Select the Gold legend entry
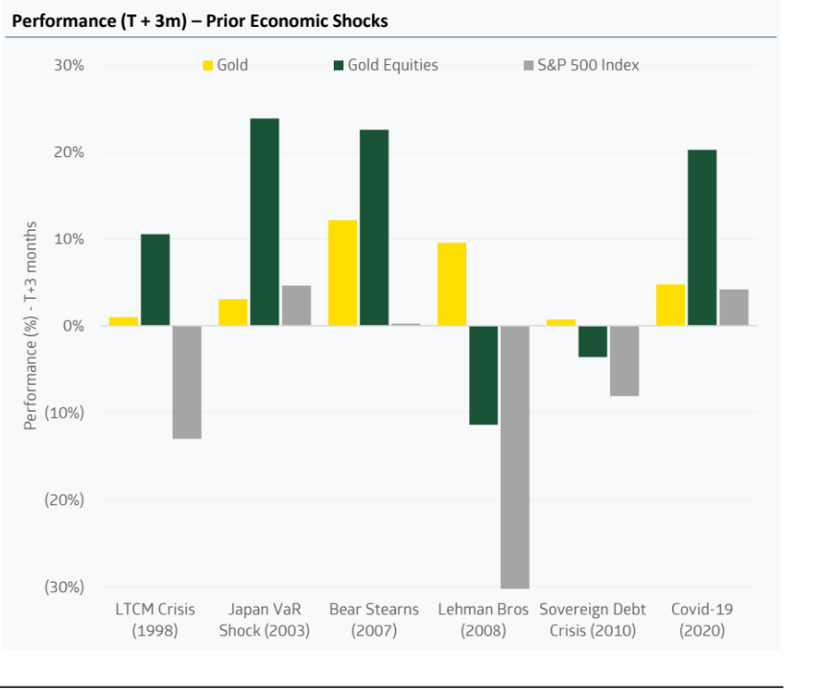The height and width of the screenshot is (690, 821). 225,65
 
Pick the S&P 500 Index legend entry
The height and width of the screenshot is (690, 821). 581,65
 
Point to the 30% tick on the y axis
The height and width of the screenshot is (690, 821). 69,65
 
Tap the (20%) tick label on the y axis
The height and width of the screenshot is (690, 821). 66,499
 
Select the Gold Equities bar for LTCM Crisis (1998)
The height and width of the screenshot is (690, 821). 154,280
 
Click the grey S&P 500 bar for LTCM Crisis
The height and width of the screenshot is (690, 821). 186,381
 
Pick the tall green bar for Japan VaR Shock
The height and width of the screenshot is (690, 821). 265,222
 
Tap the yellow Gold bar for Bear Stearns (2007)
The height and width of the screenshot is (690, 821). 342,273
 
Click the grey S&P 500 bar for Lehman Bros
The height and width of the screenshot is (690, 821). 514,456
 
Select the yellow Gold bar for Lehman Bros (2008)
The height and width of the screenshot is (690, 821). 452,285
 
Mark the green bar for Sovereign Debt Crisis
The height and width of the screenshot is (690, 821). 592,341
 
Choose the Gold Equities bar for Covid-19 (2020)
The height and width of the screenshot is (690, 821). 701,238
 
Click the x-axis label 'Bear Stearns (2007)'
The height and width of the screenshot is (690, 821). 374,619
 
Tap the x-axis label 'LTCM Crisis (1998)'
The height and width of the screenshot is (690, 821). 154,619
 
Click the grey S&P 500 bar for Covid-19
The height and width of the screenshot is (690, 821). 734,308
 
